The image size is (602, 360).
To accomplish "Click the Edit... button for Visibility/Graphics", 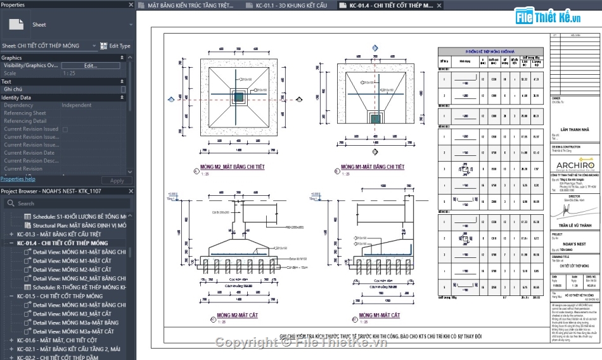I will (90, 65).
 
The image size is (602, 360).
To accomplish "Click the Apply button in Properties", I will (117, 181).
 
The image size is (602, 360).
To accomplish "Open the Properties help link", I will (18, 179).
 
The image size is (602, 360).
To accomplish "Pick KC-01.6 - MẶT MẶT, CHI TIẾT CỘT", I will (60, 340).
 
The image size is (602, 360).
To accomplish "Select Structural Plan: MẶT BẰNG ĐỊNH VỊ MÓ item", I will (79, 226).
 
